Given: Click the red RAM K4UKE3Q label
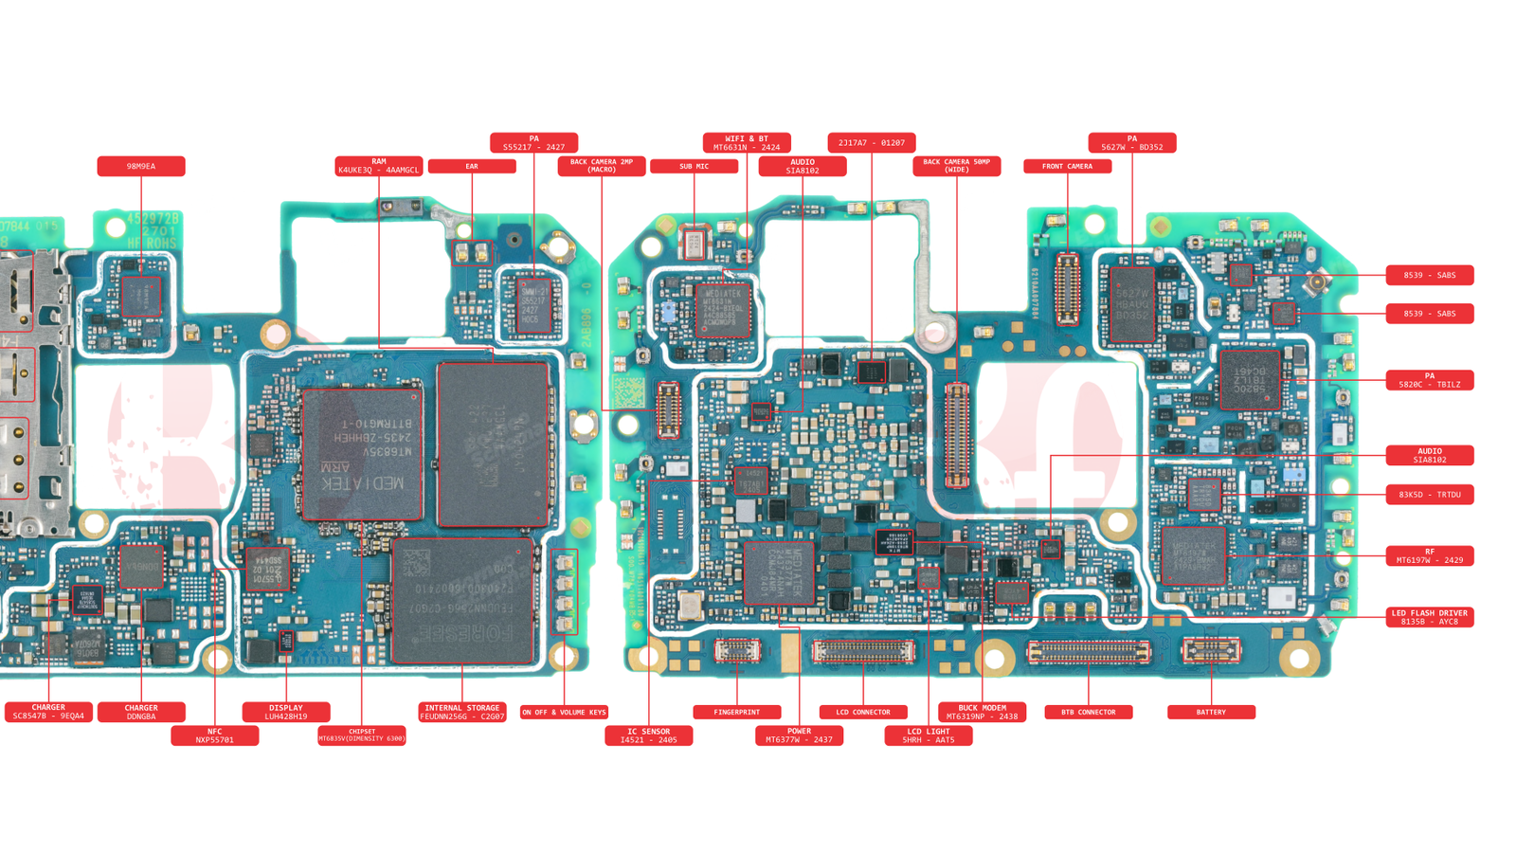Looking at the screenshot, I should [378, 166].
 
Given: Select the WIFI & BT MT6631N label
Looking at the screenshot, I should [747, 143].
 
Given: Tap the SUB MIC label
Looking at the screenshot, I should [694, 167].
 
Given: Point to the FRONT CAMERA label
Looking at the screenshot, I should [1067, 167].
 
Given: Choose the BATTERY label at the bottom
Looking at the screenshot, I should [1211, 712].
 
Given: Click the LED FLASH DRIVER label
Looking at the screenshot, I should [1429, 617].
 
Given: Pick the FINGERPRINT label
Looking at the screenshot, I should [736, 712].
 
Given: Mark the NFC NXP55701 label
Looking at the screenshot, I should [215, 735].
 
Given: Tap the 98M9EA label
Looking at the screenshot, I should [141, 167].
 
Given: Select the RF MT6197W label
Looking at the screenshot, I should [1429, 555].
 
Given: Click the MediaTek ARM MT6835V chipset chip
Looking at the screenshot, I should [362, 453].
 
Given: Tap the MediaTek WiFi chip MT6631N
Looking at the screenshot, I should [723, 309].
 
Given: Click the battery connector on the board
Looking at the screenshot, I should [1211, 650].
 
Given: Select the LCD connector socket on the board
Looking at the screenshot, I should [863, 651].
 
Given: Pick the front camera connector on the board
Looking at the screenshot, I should [1067, 288].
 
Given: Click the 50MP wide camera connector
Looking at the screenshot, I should [957, 435].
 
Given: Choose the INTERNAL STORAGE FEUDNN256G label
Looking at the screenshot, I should [462, 712].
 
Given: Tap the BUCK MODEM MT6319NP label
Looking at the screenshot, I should [982, 712].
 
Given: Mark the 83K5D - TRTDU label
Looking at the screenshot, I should [1429, 495].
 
